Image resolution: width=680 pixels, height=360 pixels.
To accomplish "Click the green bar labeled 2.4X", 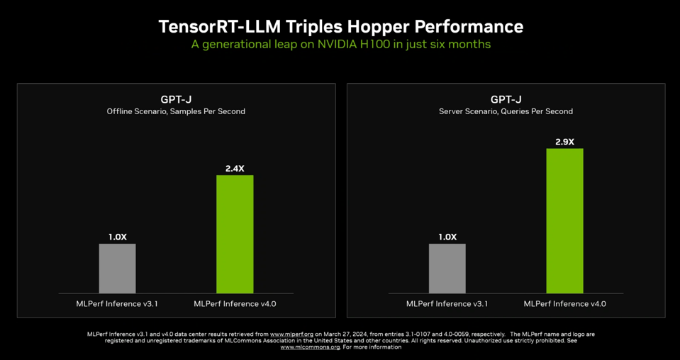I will click(x=235, y=234).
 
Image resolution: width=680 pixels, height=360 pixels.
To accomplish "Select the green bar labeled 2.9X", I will click(x=564, y=220).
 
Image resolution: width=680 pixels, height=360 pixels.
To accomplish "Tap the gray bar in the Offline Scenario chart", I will click(x=117, y=269).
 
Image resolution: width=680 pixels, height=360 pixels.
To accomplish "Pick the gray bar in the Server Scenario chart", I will click(x=447, y=269).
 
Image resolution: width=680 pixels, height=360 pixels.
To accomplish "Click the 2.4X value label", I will click(x=235, y=169).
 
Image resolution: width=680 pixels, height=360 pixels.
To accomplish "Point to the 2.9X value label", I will click(x=564, y=142).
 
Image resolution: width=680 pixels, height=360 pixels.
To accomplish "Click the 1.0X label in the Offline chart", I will click(x=117, y=237).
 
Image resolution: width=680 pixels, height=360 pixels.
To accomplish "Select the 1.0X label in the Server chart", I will click(x=447, y=237).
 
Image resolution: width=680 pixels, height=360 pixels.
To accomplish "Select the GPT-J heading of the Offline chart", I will click(x=176, y=99).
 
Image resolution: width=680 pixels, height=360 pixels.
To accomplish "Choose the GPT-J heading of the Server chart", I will click(x=506, y=99).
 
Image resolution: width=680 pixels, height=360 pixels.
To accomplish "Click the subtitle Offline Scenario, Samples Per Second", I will click(x=176, y=111).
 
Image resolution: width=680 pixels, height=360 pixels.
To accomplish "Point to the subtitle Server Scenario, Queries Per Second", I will click(x=506, y=111).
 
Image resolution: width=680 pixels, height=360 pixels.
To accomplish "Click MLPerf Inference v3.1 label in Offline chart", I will click(x=117, y=303).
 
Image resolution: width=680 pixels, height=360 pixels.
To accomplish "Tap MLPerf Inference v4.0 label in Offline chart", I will click(x=235, y=303).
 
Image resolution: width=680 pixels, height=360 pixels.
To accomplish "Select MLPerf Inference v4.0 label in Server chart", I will click(x=564, y=303).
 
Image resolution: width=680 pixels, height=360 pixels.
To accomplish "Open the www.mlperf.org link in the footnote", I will click(x=291, y=334).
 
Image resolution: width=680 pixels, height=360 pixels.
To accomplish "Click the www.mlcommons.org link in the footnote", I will click(x=310, y=347).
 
